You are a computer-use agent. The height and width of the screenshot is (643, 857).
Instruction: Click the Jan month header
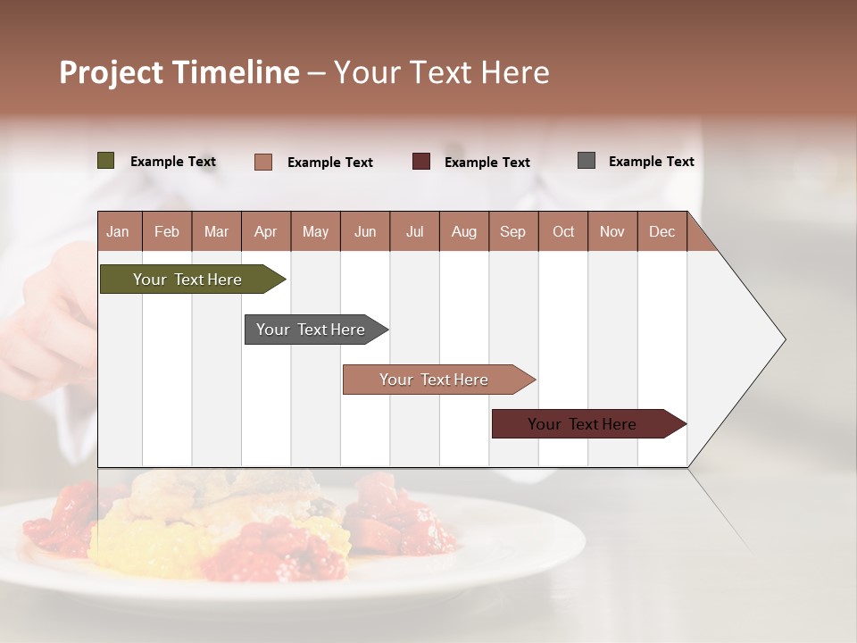tap(118, 231)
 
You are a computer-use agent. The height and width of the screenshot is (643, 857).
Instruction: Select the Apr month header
tap(266, 231)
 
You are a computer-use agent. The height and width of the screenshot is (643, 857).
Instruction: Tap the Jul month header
tap(414, 231)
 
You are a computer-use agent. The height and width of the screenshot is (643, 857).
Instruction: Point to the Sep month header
tap(512, 231)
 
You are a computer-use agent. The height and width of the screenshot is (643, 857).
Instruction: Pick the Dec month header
tap(661, 231)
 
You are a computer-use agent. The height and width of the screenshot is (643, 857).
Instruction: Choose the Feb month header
tap(167, 231)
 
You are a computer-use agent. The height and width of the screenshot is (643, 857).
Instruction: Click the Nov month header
tap(612, 231)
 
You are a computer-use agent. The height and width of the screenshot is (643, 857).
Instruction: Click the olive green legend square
tap(106, 161)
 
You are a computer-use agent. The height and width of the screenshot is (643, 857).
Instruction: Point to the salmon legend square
tap(263, 162)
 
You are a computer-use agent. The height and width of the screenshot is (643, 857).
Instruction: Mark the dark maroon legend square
tap(421, 162)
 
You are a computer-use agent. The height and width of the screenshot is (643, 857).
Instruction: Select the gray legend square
tap(587, 161)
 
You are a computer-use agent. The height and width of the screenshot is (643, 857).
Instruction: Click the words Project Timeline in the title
tap(179, 72)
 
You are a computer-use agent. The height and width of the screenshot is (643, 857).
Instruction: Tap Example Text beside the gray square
tap(651, 162)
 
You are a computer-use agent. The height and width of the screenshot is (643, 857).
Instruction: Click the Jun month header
tap(365, 231)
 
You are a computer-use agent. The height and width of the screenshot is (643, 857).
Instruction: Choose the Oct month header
tap(563, 231)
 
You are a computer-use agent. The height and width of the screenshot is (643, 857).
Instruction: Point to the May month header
tap(315, 231)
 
